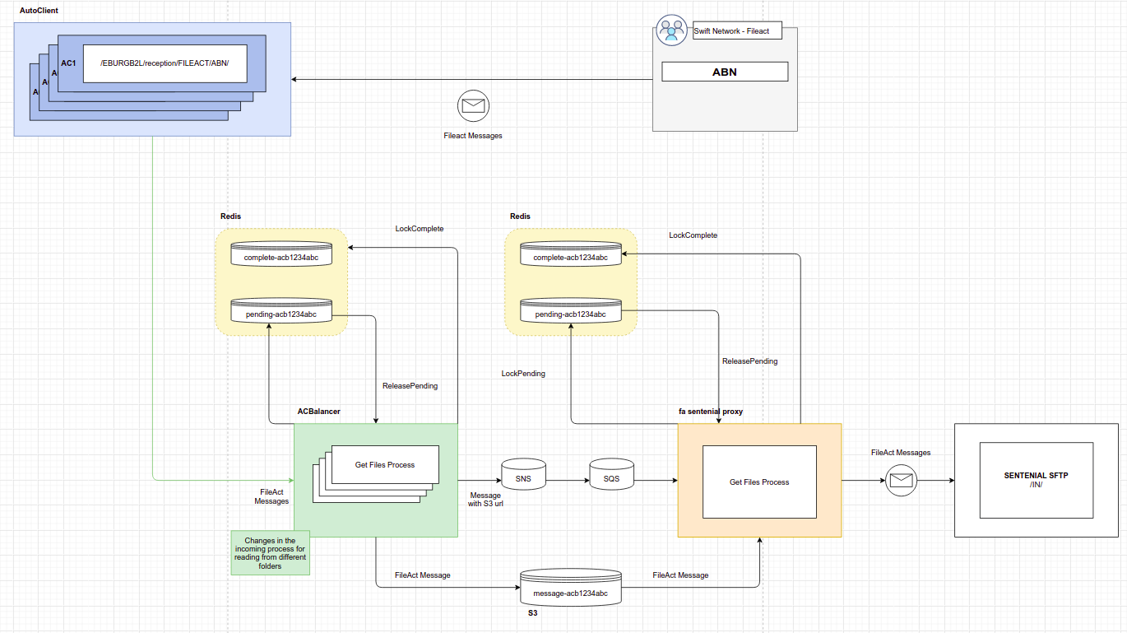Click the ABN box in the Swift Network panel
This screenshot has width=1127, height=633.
click(x=725, y=72)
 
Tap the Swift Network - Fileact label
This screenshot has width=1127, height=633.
click(x=731, y=30)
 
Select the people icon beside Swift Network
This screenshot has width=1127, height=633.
click(x=671, y=30)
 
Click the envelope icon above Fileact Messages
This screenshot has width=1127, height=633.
click(x=473, y=105)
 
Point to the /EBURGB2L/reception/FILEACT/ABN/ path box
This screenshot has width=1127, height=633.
click(x=165, y=63)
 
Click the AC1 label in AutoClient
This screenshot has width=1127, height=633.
click(x=68, y=63)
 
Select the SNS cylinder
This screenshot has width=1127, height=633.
click(x=523, y=474)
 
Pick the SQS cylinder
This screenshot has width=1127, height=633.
click(x=611, y=474)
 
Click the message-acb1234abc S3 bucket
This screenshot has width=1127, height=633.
click(x=571, y=588)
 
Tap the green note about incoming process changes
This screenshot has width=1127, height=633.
click(x=270, y=553)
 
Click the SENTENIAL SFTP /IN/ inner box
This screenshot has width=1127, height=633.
click(x=1036, y=480)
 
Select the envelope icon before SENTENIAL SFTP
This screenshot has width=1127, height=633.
click(x=901, y=481)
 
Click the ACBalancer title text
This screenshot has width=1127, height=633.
click(x=318, y=412)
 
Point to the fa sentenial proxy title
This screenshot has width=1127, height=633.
click(x=711, y=412)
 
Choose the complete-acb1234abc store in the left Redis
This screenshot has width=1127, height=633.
click(x=281, y=254)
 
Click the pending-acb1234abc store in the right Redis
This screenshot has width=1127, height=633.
click(x=571, y=310)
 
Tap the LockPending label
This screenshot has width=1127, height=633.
click(x=522, y=374)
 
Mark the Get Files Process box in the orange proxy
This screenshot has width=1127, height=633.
click(x=759, y=482)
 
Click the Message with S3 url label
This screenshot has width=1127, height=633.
click(x=485, y=500)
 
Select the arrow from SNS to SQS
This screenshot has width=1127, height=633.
click(x=568, y=481)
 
